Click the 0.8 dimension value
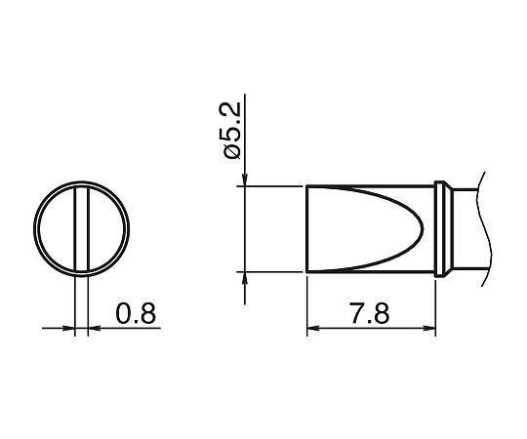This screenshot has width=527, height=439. (136, 313)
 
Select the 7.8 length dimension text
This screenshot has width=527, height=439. (369, 313)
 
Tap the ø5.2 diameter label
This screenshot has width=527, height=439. (230, 131)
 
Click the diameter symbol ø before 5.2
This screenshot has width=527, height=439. (231, 151)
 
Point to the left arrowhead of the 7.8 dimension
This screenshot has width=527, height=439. (313, 328)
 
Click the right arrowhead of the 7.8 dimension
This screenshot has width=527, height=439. (429, 328)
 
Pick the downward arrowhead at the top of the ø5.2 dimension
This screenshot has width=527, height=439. (245, 180)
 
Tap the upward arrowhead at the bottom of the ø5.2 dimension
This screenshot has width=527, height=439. (245, 278)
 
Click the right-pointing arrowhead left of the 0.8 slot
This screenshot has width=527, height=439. (68, 328)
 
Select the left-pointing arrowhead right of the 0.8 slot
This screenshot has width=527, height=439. (94, 328)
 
